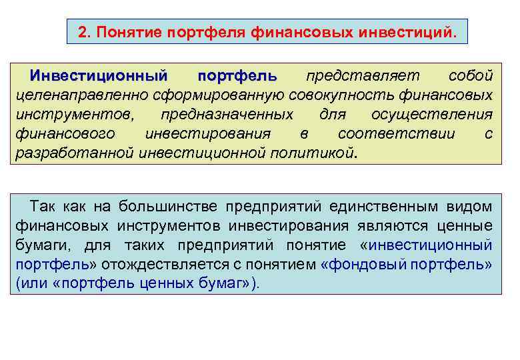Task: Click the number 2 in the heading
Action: click(82, 32)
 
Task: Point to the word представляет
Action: click(357, 75)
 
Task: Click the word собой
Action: click(471, 75)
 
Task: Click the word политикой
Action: click(313, 153)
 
